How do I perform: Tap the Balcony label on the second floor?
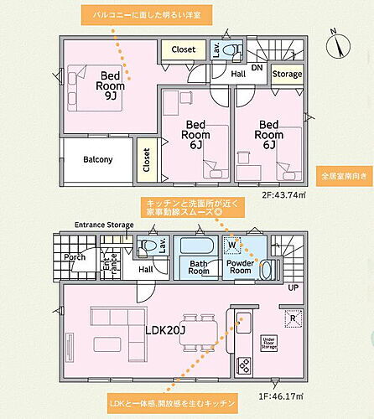(x=98, y=159)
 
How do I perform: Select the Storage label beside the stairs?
(x=288, y=75)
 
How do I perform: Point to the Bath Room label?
(x=199, y=267)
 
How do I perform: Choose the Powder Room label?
(x=241, y=267)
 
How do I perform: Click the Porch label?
(x=75, y=257)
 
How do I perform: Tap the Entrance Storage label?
(x=103, y=225)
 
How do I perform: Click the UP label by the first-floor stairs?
(x=293, y=287)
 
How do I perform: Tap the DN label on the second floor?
(x=257, y=67)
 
